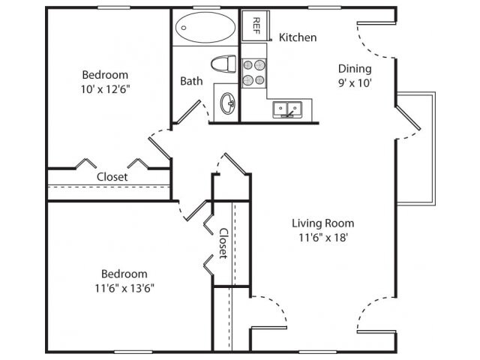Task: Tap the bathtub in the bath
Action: (x=204, y=28)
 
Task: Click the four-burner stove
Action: (x=253, y=72)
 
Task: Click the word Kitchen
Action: (x=298, y=37)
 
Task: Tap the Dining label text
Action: (x=353, y=68)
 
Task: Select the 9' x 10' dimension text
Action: (x=353, y=82)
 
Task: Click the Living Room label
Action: (x=322, y=223)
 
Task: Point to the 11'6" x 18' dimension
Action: (x=322, y=238)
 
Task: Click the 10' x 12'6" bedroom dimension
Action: (x=104, y=88)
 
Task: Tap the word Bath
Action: (x=190, y=81)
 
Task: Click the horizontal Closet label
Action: (x=112, y=177)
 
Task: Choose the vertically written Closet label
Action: (x=223, y=243)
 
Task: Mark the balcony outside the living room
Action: (x=415, y=150)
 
